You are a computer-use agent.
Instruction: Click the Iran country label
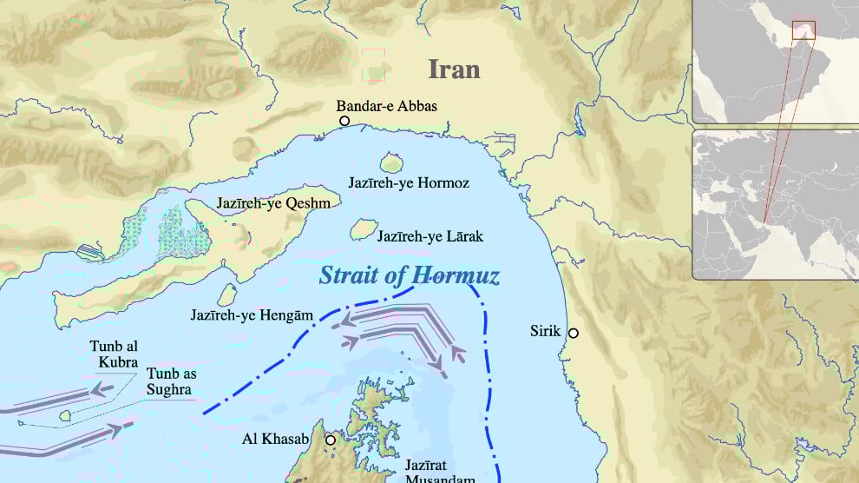tap(454, 69)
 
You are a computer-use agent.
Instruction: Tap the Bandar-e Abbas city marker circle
tap(344, 122)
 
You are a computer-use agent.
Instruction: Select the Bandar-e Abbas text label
tap(387, 106)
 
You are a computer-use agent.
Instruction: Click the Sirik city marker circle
tap(573, 333)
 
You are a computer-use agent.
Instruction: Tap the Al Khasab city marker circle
tap(330, 440)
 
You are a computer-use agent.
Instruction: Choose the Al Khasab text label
tap(275, 440)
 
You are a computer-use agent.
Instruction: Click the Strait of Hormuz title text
tap(409, 276)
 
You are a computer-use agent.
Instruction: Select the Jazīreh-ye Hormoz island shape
tap(391, 163)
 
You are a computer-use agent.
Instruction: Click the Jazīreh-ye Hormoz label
tap(409, 183)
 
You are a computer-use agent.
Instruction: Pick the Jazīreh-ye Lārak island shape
tap(363, 229)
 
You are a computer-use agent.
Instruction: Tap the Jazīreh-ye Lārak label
tap(429, 236)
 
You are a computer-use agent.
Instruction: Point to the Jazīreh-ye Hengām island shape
tap(227, 295)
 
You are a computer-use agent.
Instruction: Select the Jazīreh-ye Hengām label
tap(251, 315)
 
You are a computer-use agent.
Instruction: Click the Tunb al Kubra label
tap(114, 354)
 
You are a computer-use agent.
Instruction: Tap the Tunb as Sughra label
tap(169, 381)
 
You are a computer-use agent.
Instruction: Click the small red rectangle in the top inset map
tap(804, 30)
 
